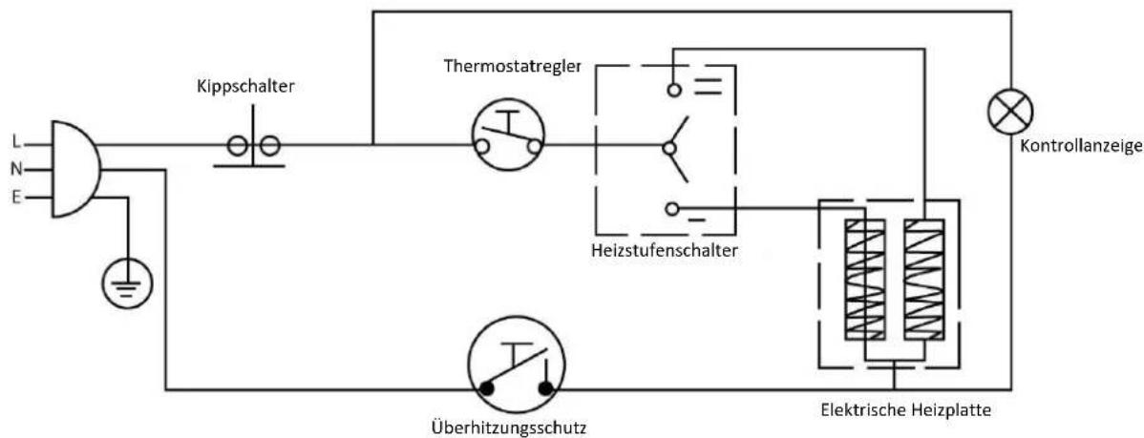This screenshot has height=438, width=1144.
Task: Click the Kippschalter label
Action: click(245, 86)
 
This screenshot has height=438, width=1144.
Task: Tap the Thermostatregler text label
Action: click(512, 66)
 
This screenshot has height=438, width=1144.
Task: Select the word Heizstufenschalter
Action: click(666, 252)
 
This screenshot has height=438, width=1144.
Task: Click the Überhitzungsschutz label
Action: click(508, 425)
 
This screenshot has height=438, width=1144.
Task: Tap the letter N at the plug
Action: click(16, 170)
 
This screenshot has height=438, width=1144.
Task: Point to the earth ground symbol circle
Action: click(128, 284)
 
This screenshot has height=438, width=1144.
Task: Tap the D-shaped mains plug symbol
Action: click(75, 169)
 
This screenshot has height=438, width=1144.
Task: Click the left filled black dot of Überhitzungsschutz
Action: click(486, 389)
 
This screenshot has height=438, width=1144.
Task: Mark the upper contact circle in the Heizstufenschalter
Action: click(673, 90)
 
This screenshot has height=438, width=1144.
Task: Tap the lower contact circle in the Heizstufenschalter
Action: click(672, 209)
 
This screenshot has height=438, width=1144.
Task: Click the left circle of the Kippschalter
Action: click(237, 147)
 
